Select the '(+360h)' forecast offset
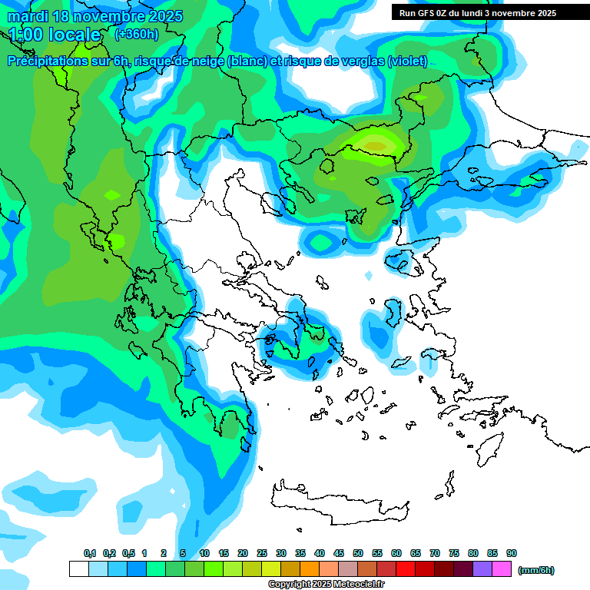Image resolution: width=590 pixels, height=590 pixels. (x=137, y=34)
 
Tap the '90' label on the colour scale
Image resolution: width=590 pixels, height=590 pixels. (x=512, y=553)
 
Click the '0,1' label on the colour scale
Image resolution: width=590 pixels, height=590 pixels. (x=89, y=553)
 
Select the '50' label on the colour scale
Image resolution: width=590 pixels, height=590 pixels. (x=358, y=553)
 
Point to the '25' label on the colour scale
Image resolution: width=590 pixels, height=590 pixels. (x=262, y=553)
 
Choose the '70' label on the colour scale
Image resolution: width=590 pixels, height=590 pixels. (x=435, y=553)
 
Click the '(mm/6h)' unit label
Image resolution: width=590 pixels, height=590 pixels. (x=535, y=570)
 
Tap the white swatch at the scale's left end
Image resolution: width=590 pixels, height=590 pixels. (x=78, y=568)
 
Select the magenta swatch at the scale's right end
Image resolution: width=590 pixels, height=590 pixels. (x=502, y=568)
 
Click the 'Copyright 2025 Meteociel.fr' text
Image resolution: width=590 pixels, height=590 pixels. (x=326, y=584)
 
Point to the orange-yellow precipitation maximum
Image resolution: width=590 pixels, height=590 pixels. (x=375, y=144)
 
